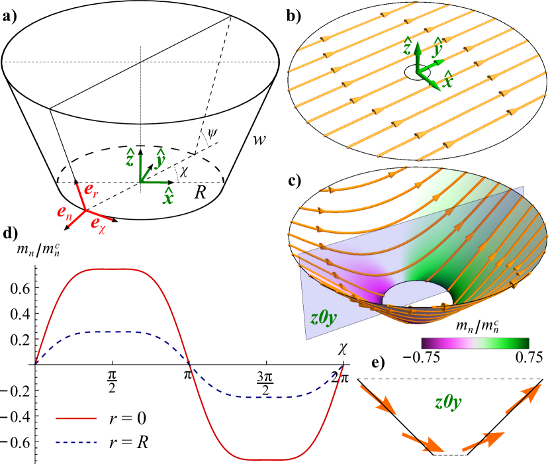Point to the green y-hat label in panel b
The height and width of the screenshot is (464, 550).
pos(437,47)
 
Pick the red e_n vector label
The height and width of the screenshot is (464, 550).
pos(64,212)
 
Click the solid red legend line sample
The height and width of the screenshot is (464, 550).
pos(76,418)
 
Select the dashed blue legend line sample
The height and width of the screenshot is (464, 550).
pos(76,441)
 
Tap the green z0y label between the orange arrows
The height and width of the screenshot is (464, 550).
pos(448,401)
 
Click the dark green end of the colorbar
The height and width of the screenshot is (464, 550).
pos(526,343)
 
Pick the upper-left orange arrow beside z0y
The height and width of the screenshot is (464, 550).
pos(377,400)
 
